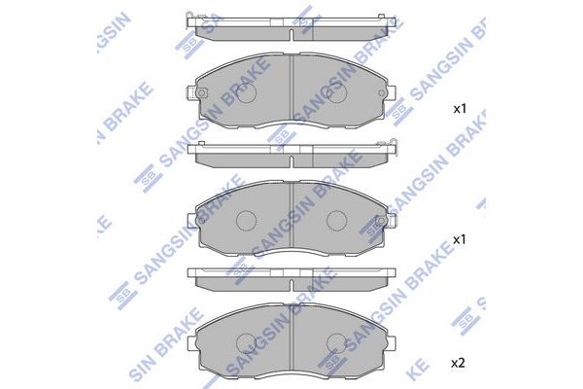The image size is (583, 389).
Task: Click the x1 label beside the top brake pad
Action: pos(460,109)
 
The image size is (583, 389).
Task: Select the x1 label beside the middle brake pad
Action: pos(460,238)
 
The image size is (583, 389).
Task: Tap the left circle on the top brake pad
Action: pos(246,94)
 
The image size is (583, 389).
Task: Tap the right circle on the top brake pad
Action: pos(337,94)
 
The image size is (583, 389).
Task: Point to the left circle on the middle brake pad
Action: pos(246,222)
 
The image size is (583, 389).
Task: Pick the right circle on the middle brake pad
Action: pos(337,222)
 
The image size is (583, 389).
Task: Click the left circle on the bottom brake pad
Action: pos(246,342)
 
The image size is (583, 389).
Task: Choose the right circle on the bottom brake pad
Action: pos(337,342)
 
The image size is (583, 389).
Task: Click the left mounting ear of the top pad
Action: pos(190,94)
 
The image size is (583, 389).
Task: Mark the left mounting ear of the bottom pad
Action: pos(191,343)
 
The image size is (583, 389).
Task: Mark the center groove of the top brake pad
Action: pos(291,92)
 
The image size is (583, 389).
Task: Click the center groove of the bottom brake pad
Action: pos(291,342)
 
